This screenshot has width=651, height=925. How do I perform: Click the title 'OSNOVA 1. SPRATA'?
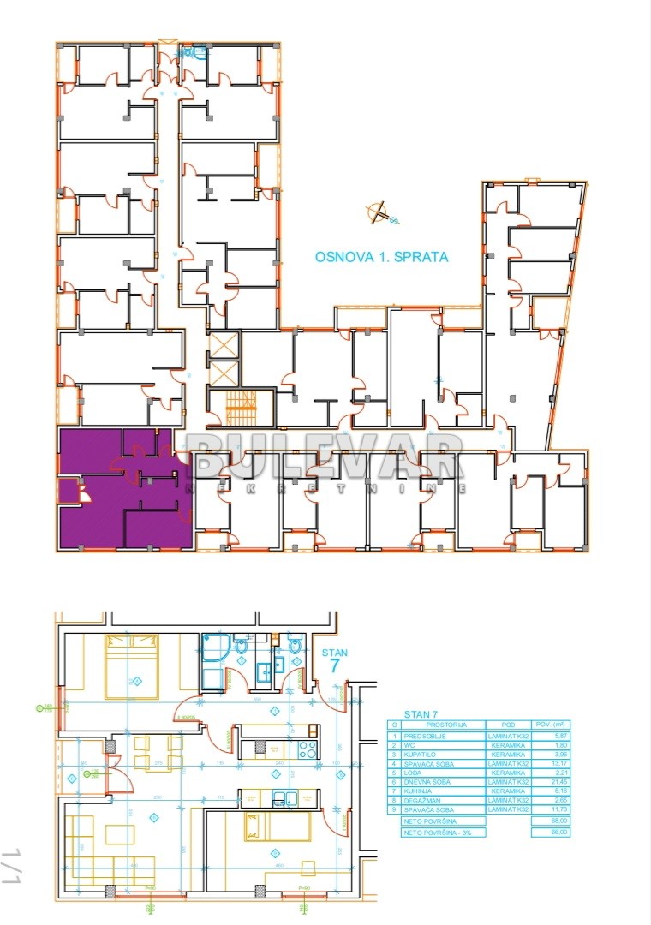[x=381, y=256]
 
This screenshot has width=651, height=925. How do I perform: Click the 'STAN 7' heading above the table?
[x=421, y=713]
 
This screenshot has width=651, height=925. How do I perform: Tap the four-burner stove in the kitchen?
[x=307, y=749]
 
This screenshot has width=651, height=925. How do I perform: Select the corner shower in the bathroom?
[x=213, y=647]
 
